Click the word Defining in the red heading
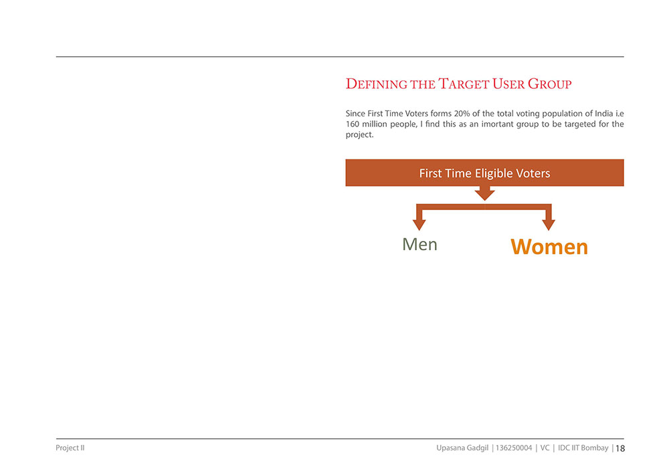pos(376,84)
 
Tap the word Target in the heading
pos(464,84)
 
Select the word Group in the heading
pos(549,84)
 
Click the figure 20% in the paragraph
pos(462,114)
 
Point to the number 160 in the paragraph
pos(353,124)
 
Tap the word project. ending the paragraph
pos(360,134)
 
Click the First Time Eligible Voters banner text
pos(484,173)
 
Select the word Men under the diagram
pos(420,244)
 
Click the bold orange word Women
pos(549,247)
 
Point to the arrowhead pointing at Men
pos(419,225)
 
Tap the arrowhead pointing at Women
pos(549,225)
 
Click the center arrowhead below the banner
pos(484,195)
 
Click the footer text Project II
pos(70,448)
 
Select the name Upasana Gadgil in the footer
pos(462,448)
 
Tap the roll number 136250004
pos(514,448)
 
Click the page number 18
pos(620,448)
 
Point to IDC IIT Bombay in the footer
pos(583,448)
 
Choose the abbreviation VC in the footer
pos(545,448)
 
